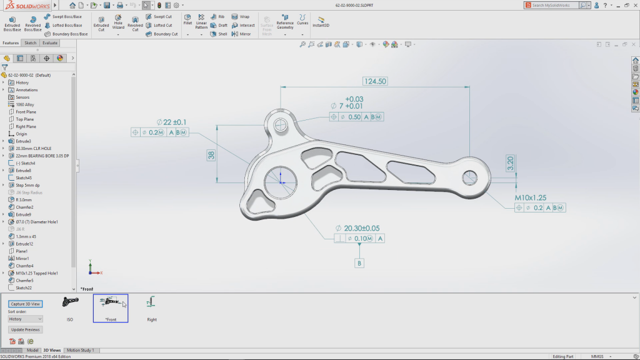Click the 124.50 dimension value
(375, 81)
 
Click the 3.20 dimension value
(511, 164)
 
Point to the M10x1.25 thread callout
(531, 197)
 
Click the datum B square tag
(359, 263)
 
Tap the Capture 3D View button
(26, 304)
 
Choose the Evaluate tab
(50, 43)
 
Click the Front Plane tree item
(26, 112)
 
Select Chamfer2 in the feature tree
(24, 207)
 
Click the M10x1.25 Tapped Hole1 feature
(36, 273)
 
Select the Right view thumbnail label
(152, 319)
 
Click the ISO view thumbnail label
(70, 319)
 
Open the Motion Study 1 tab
(80, 350)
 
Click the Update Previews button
(26, 329)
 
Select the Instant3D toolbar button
(321, 22)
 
